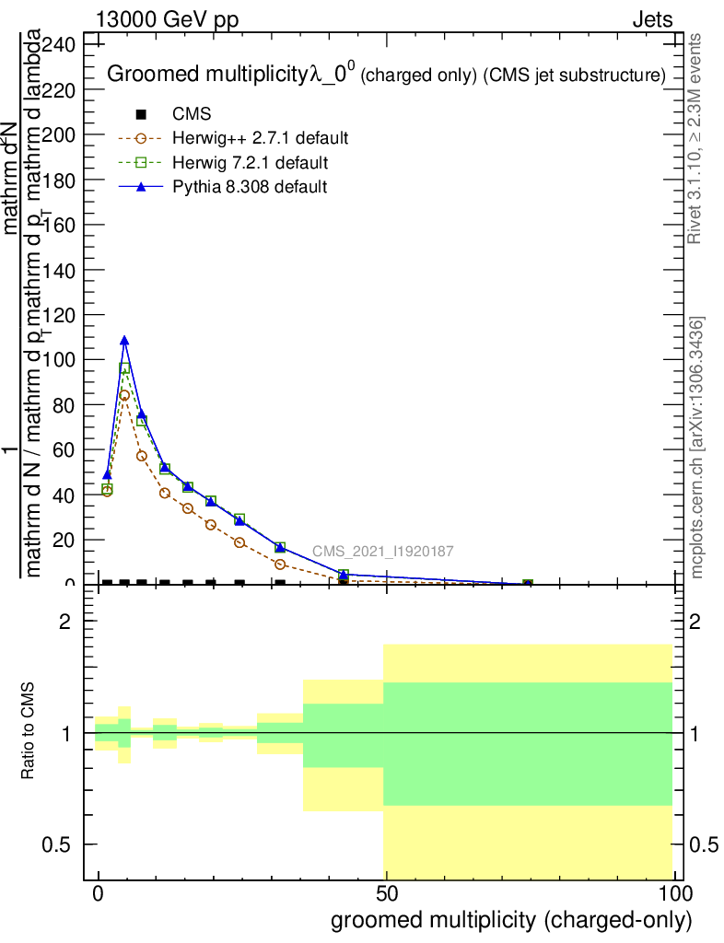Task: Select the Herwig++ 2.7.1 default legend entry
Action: pos(260,139)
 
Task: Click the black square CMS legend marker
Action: pos(141,115)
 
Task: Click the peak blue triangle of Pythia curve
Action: pos(124,341)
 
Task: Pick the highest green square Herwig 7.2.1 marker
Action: pos(124,367)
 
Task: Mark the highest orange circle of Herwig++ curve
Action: pos(124,395)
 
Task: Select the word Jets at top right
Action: pos(652,20)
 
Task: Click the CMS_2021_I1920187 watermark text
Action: pos(382,552)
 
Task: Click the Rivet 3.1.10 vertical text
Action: pos(696,138)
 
